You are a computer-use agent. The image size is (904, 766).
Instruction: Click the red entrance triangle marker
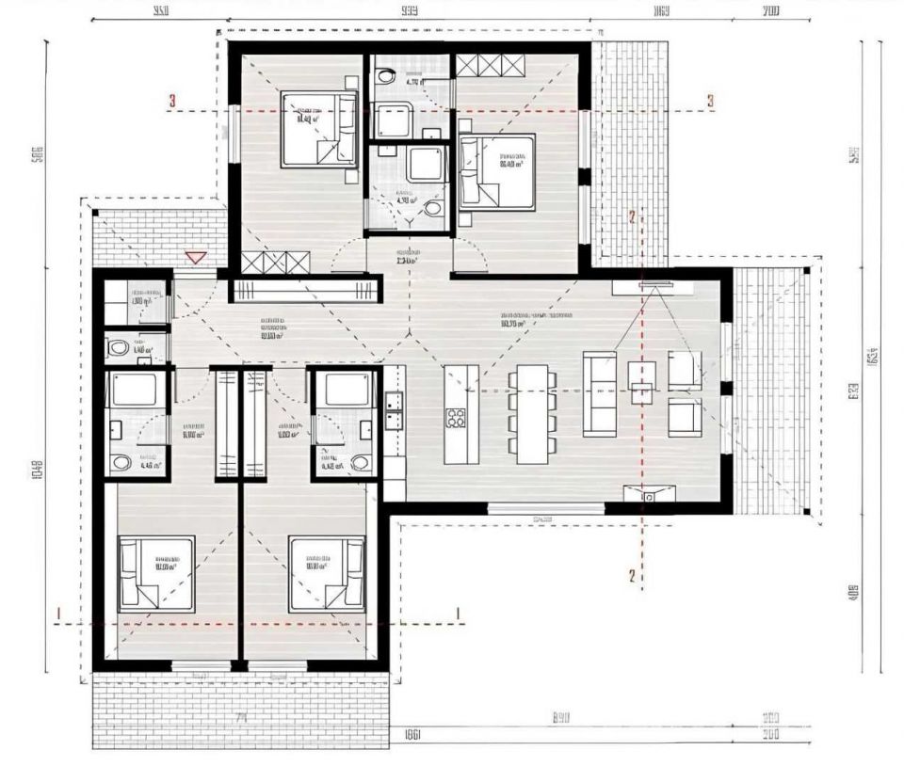pos(195,257)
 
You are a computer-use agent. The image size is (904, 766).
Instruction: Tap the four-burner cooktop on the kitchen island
pos(457,416)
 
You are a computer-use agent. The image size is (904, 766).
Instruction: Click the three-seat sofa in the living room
pos(600,393)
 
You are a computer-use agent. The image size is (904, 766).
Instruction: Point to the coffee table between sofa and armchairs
pos(641,381)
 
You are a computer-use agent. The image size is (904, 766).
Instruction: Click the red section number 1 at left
pos(58,614)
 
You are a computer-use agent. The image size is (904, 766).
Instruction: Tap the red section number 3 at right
pos(711,101)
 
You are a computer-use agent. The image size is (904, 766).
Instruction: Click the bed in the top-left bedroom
pos(318,130)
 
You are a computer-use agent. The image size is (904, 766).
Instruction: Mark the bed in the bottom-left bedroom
pos(156,573)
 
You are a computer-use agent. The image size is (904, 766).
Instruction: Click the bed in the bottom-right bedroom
pos(327,573)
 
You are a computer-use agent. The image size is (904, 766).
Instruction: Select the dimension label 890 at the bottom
pos(563,718)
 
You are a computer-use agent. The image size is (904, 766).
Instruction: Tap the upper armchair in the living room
pos(685,369)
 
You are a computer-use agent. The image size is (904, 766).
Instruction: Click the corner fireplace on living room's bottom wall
pos(650,492)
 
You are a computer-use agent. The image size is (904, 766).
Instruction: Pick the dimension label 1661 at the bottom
pos(411,734)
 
